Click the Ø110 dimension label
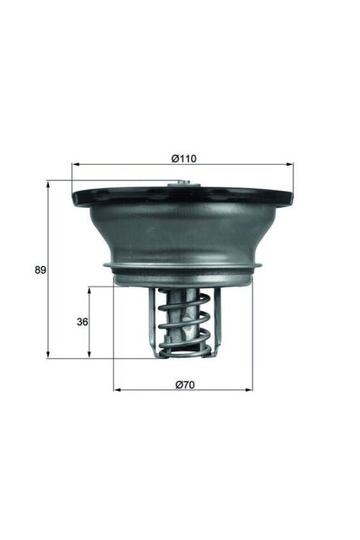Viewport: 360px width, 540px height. [x=184, y=158]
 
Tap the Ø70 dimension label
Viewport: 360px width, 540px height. [x=185, y=384]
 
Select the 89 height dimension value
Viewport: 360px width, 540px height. [x=40, y=270]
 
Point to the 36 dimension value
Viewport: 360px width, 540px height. [x=82, y=322]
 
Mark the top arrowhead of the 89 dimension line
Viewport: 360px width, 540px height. [x=48, y=183]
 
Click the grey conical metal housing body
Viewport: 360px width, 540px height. [x=184, y=230]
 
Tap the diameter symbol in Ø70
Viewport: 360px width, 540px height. [x=179, y=384]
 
